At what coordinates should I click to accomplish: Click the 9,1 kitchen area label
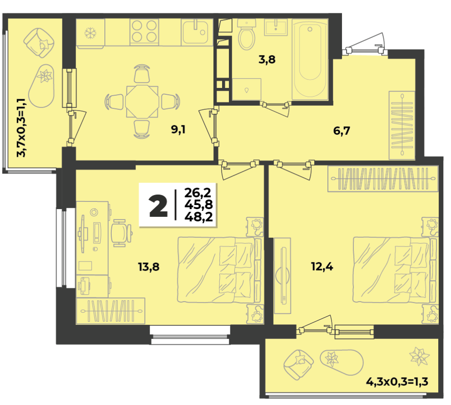[x=178, y=130]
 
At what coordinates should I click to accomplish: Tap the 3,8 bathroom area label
[x=267, y=60]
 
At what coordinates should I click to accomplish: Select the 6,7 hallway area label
[x=342, y=131]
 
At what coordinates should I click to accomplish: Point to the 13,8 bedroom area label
[x=149, y=267]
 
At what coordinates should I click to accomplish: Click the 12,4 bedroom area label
[x=322, y=267]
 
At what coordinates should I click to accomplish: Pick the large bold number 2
[x=158, y=205]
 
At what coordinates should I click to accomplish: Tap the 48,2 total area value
[x=199, y=216]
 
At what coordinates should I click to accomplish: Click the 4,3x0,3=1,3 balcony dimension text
[x=397, y=382]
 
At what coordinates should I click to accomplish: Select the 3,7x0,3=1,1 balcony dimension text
[x=21, y=128]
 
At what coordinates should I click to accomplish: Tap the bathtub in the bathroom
[x=310, y=59]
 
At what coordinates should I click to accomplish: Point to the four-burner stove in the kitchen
[x=144, y=31]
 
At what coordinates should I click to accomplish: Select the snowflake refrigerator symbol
[x=90, y=33]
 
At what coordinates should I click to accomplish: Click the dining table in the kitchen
[x=142, y=101]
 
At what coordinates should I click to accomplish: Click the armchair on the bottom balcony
[x=298, y=364]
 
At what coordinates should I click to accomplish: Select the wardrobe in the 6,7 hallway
[x=402, y=125]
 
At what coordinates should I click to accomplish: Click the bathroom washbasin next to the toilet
[x=275, y=27]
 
